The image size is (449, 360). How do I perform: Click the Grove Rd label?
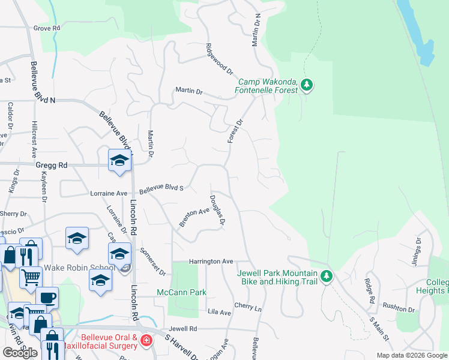(47, 28)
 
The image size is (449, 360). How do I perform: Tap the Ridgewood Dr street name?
(218, 59)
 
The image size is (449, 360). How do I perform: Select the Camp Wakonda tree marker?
(307, 85)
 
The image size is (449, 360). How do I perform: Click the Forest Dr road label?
(235, 131)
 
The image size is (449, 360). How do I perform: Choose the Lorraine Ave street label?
(109, 194)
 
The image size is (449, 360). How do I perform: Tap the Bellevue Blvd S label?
(160, 189)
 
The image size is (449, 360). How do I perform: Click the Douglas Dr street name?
(217, 210)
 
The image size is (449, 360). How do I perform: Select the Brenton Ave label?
(194, 217)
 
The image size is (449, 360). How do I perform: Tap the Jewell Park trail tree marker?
(326, 277)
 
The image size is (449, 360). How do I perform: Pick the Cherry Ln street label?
(249, 307)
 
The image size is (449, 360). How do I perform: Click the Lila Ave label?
(219, 313)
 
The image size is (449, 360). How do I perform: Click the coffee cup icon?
(47, 298)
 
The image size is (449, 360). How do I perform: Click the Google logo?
(20, 353)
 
